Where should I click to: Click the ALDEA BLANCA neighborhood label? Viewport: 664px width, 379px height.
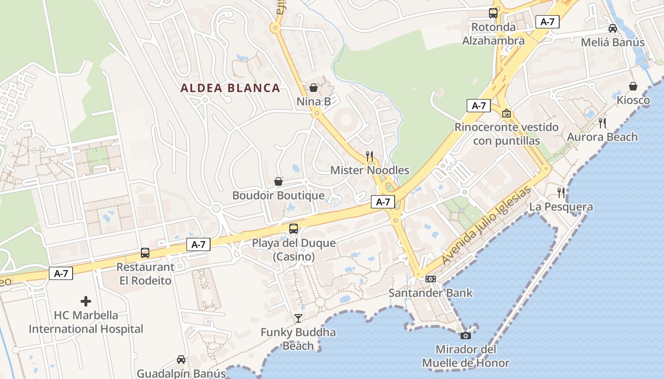click(x=230, y=88)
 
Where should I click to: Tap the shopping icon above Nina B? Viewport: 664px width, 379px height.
click(x=313, y=88)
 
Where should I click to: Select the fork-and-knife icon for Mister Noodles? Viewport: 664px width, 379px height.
click(x=369, y=156)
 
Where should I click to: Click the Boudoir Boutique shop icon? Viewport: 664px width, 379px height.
click(x=278, y=181)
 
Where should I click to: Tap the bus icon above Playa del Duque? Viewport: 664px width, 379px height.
click(x=294, y=229)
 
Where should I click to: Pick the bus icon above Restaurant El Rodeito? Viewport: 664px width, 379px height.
click(x=145, y=253)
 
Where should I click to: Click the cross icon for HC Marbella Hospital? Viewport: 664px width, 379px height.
click(x=86, y=301)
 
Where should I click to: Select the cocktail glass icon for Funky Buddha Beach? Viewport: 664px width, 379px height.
click(x=298, y=318)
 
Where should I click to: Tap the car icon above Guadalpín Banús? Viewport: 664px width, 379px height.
click(x=181, y=360)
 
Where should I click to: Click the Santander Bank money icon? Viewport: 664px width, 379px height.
click(x=431, y=279)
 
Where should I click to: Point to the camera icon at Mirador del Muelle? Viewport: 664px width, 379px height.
click(x=466, y=335)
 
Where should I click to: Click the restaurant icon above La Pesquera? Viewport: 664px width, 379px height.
click(x=561, y=192)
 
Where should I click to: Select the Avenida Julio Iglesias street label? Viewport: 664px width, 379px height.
click(x=486, y=226)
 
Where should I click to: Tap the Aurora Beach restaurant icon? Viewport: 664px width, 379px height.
click(x=602, y=123)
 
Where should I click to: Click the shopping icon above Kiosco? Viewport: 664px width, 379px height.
click(x=633, y=86)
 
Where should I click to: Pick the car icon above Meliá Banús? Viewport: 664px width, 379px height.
click(x=613, y=28)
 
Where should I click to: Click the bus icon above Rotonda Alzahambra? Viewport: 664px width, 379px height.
click(x=493, y=13)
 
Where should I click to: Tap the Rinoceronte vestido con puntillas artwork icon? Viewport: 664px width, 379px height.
click(x=507, y=113)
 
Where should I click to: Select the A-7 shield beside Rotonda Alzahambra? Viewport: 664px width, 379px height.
click(x=547, y=21)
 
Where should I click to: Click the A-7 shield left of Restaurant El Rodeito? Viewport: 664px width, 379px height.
click(x=61, y=273)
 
